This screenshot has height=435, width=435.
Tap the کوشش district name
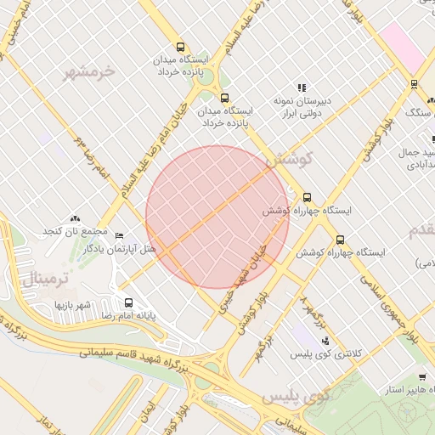click(x=290, y=158)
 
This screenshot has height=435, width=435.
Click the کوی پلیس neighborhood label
click(x=296, y=396)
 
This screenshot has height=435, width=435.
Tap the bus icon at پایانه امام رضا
click(x=129, y=302)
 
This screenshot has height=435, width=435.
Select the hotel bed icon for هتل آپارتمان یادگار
click(x=119, y=236)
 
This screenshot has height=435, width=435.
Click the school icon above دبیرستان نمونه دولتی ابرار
click(x=301, y=88)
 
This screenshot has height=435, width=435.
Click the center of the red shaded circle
click(x=217, y=217)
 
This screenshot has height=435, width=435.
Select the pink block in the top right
click(x=403, y=48)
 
